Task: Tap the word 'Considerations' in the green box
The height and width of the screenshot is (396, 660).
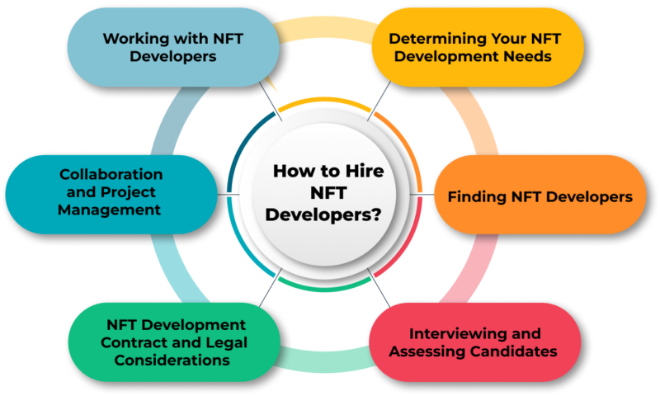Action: tap(172, 361)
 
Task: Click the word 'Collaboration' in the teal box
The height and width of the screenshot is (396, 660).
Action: tap(111, 174)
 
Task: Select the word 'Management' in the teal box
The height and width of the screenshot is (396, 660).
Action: tap(110, 210)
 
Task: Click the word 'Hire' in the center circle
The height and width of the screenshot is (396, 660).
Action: tap(365, 172)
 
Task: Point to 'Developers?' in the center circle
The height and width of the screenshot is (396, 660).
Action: tap(323, 214)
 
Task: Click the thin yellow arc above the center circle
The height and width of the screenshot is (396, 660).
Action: tap(325, 101)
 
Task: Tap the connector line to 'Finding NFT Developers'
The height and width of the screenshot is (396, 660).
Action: tap(422, 195)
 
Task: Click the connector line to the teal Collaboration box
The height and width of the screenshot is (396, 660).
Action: tap(229, 195)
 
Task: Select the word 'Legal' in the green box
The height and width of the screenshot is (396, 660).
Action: tap(225, 342)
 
